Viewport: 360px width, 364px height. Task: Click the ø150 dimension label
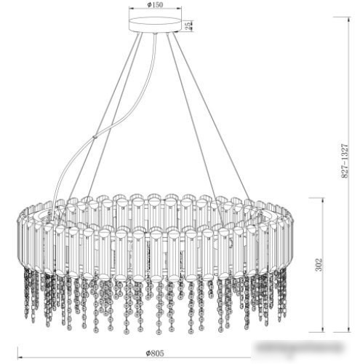[153, 4]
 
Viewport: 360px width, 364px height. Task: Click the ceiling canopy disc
[153, 27]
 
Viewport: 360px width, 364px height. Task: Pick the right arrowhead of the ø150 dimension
[177, 9]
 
